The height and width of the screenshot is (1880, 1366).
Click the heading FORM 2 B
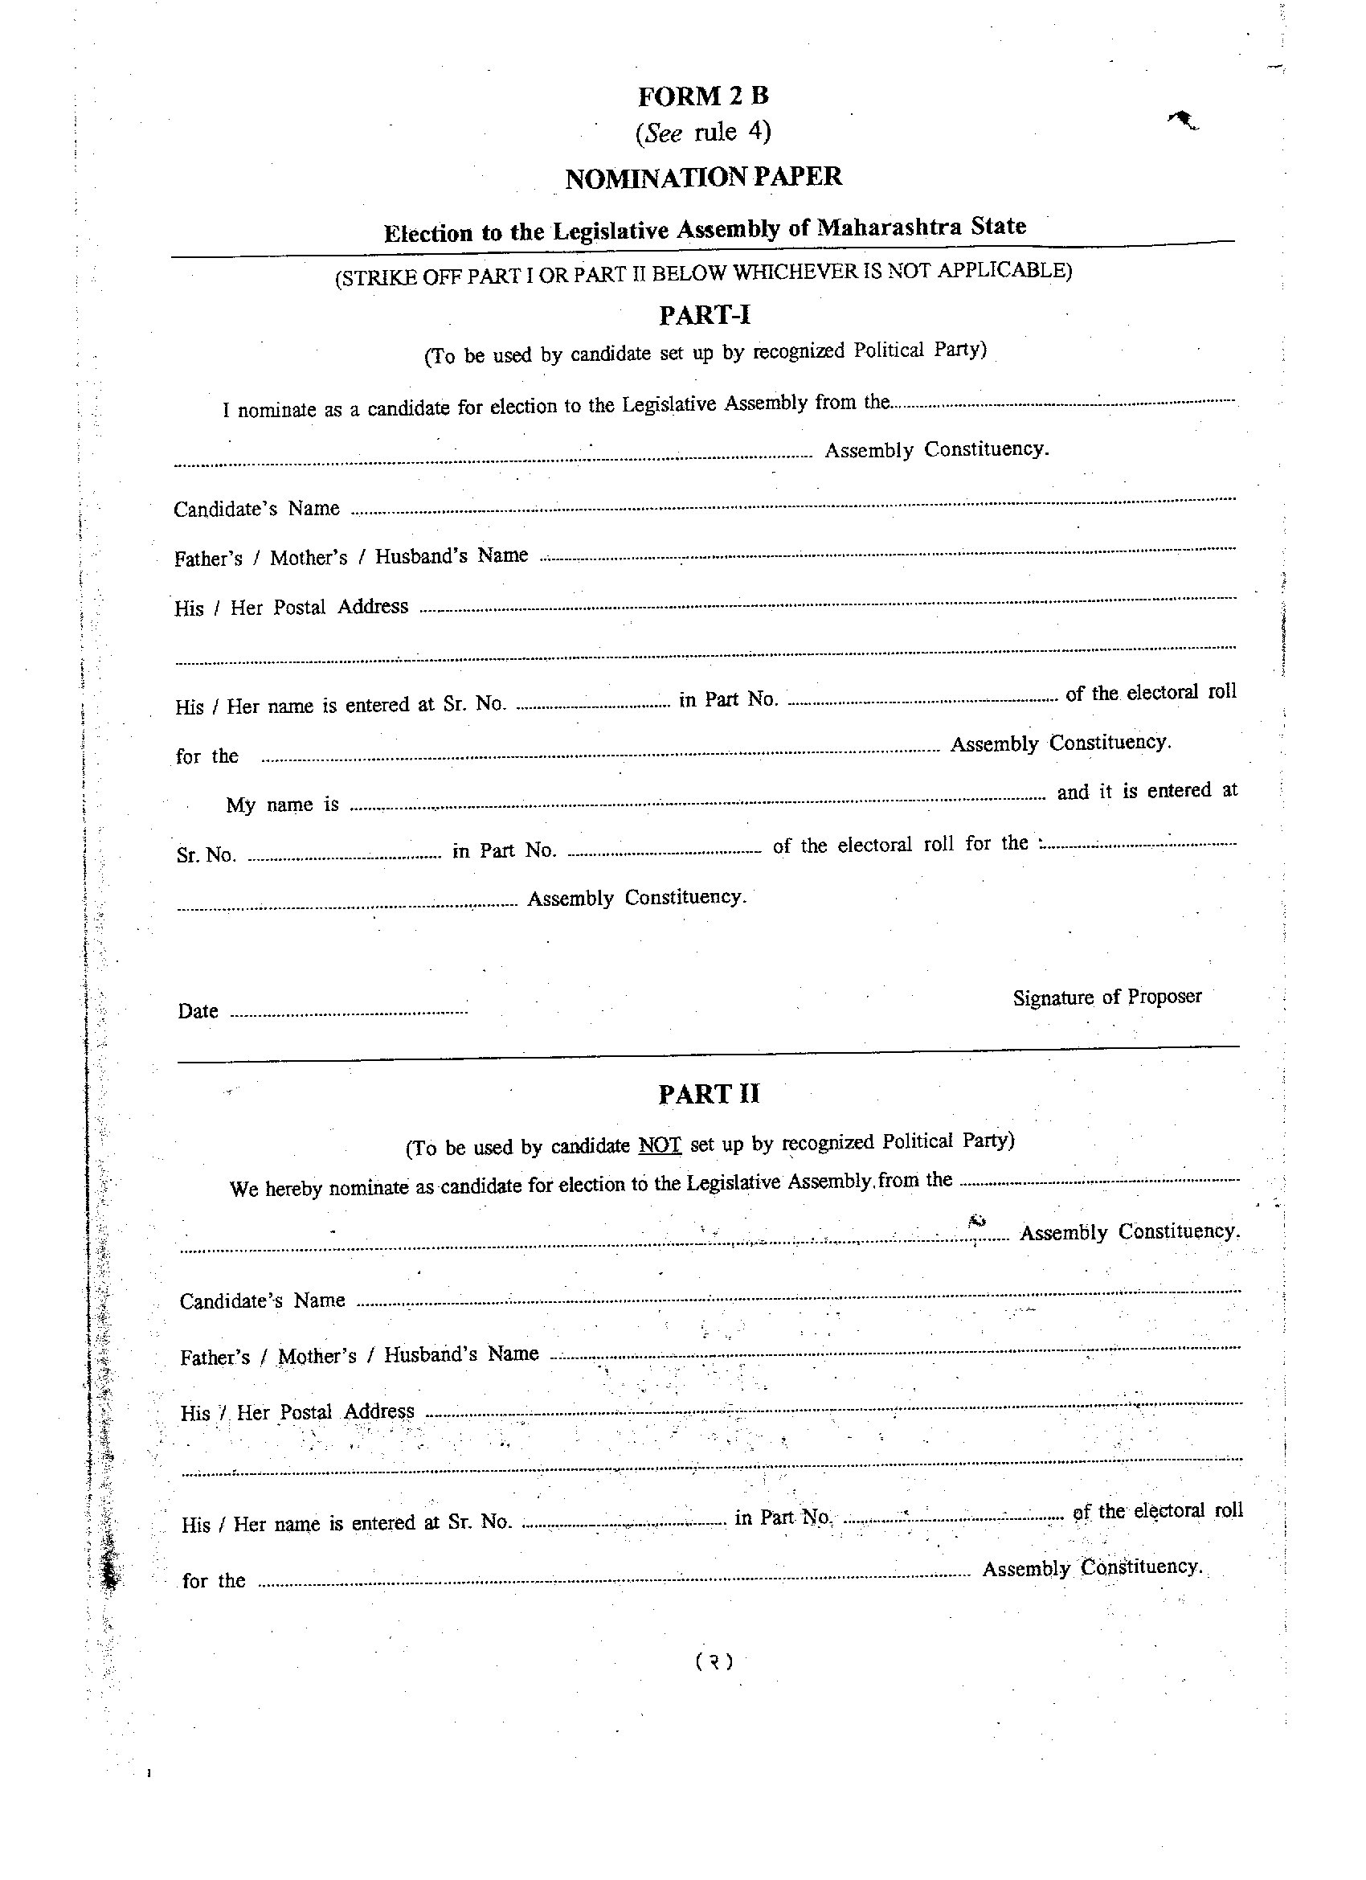(703, 96)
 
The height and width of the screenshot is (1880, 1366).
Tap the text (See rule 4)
(703, 132)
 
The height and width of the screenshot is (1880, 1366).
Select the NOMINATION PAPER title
(703, 177)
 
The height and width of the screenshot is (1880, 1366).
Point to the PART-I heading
(705, 315)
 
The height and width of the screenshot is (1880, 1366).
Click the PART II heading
(709, 1094)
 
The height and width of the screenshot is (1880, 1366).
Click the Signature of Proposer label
(1106, 997)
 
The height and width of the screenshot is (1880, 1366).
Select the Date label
(198, 1011)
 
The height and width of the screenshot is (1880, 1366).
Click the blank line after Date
(348, 1012)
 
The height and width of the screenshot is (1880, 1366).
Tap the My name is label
(282, 805)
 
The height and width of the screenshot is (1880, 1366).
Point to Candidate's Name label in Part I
(256, 508)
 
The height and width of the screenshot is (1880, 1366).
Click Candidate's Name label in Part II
(262, 1300)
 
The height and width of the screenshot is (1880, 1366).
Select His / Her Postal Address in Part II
(297, 1411)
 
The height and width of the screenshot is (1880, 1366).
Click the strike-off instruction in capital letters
(703, 273)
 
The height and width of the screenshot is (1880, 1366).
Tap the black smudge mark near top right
(1183, 121)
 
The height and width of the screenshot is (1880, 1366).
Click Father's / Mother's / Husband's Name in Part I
(350, 557)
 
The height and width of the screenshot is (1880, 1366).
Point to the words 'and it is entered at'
(1147, 792)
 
